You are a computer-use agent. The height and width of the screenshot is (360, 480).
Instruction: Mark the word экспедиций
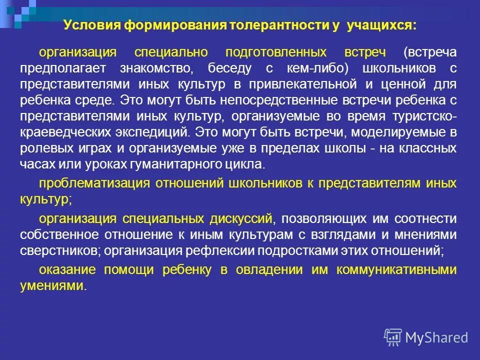click(152, 132)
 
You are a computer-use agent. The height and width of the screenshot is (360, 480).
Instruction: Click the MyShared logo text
click(436, 337)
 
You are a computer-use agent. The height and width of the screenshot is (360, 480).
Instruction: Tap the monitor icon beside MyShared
click(393, 337)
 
